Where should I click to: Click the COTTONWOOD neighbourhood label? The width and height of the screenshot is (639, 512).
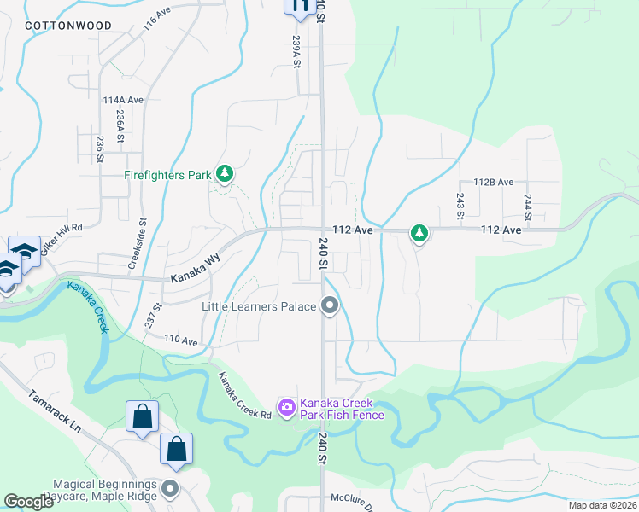pos(68,26)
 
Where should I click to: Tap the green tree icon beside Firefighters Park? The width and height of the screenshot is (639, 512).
pos(225,175)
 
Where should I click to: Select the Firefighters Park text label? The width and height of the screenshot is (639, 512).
pos(167,176)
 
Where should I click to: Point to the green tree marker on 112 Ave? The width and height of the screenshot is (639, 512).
pos(419,232)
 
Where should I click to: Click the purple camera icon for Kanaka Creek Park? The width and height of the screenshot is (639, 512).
pos(287,408)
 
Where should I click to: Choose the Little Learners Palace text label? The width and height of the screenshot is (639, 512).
pos(259,305)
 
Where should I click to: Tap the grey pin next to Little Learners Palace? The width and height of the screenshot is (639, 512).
pos(330,305)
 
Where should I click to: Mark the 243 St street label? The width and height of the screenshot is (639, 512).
pos(460,205)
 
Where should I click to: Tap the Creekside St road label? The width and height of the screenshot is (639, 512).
pos(133,248)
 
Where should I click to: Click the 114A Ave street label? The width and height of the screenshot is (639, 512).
pos(123,100)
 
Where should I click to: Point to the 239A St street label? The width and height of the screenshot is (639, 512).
pos(296,52)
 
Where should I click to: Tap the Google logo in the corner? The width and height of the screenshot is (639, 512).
pos(28,502)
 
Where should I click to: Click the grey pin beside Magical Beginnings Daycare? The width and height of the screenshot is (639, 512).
pos(170,489)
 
